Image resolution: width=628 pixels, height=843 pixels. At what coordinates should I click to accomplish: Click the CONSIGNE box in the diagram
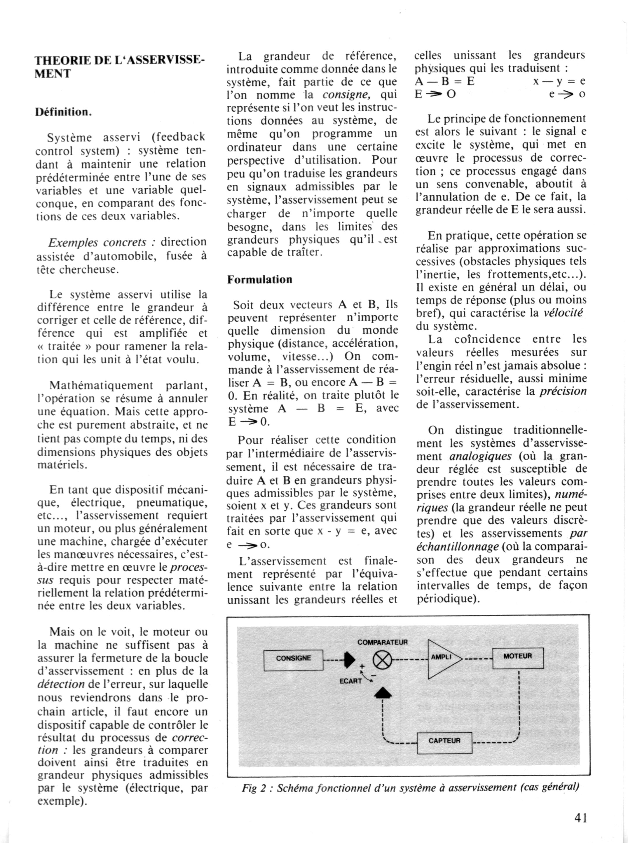pos(293,658)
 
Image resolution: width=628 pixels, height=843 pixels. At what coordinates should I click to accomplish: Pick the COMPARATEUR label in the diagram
pos(382,642)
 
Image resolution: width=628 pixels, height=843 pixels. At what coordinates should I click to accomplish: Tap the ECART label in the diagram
pos(350,681)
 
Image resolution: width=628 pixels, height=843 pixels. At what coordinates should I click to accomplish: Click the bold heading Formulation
pos(260,279)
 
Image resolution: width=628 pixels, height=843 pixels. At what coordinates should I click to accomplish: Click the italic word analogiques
pos(480,456)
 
